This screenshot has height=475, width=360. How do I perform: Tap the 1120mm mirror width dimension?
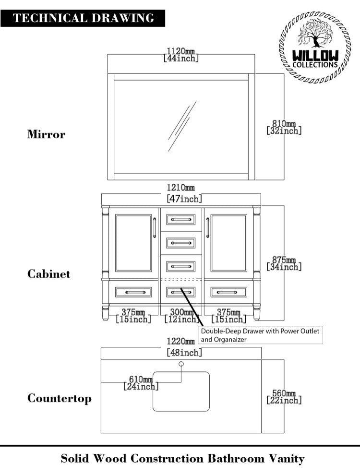click(181, 54)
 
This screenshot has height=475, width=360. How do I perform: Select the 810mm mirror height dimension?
click(284, 127)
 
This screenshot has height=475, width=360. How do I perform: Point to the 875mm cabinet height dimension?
click(284, 263)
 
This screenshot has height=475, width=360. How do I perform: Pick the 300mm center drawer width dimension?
click(181, 315)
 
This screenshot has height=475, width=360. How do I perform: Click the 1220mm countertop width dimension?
click(181, 347)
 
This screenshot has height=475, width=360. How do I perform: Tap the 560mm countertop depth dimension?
click(284, 396)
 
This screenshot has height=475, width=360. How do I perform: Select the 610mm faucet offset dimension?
click(141, 382)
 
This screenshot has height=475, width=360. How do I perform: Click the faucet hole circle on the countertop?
click(181, 364)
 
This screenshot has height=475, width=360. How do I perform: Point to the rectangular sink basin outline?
click(181, 391)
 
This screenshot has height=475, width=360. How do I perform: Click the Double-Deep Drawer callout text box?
click(260, 335)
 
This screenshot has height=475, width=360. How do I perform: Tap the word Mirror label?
click(46, 134)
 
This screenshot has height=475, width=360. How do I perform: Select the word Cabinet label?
click(48, 274)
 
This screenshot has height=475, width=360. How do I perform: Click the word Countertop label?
click(59, 398)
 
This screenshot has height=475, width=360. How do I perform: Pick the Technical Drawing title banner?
click(83, 18)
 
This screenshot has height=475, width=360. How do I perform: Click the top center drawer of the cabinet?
click(181, 220)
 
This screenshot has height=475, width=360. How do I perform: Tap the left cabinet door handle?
click(154, 227)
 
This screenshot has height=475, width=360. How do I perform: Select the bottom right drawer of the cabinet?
click(229, 292)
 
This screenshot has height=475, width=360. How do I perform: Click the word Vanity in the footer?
click(286, 459)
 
